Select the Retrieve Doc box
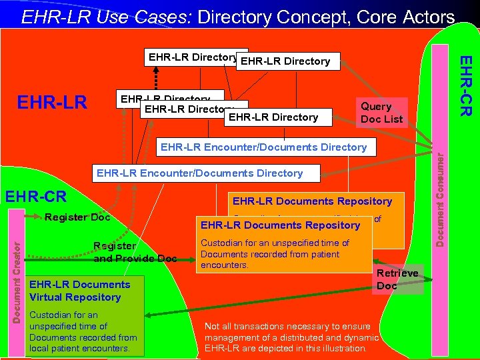(x=397, y=279)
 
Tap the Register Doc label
(x=77, y=217)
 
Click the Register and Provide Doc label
(x=135, y=252)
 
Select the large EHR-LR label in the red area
(x=52, y=103)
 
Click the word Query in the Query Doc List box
(x=376, y=107)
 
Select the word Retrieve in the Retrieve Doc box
(x=397, y=273)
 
